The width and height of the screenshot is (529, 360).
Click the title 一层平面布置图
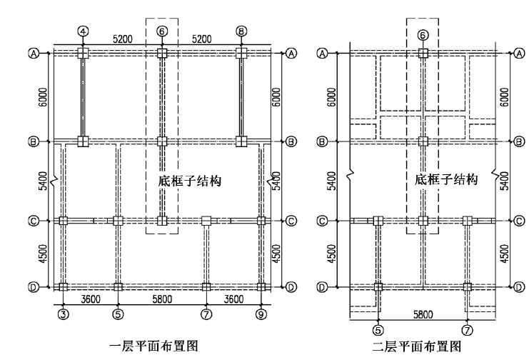point(154,346)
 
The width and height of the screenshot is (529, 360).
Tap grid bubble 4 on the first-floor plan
point(84,31)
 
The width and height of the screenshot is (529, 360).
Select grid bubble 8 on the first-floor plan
point(241,31)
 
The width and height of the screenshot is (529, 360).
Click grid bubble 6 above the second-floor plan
point(423,34)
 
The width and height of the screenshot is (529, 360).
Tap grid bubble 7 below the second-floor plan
point(468,329)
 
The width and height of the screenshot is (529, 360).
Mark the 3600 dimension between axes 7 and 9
point(235,299)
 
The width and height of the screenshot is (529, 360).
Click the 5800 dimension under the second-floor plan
point(422,314)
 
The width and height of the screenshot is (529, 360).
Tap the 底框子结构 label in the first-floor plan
point(188,181)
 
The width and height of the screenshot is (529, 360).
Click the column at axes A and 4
point(84,53)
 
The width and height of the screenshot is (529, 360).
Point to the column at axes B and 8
point(241,141)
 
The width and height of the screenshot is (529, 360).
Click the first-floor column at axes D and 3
point(64,287)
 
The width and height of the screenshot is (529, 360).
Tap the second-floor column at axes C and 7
point(468,221)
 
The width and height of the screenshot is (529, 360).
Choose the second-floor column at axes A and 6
point(423,53)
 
